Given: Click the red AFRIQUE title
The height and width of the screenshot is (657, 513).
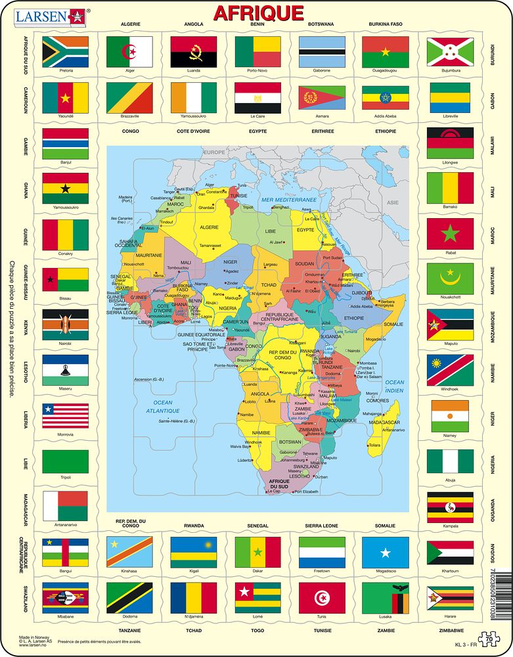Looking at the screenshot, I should (258, 13).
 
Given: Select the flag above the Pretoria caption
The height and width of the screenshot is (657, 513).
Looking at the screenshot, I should (65, 51).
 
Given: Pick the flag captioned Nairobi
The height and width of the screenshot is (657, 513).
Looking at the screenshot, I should (65, 324).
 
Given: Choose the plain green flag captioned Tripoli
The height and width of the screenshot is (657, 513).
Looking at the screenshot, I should (65, 463).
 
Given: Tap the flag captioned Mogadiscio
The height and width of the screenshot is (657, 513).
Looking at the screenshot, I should (386, 552).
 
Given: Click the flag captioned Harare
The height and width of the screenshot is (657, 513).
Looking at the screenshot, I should (450, 597).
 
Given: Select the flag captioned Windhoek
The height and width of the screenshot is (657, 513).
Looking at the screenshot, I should (450, 370).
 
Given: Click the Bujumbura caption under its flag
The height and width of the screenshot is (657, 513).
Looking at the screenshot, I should (450, 70).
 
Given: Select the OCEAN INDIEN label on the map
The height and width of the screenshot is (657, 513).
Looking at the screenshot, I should (395, 386).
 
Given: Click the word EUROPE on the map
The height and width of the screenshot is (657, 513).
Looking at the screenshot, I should (213, 152).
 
